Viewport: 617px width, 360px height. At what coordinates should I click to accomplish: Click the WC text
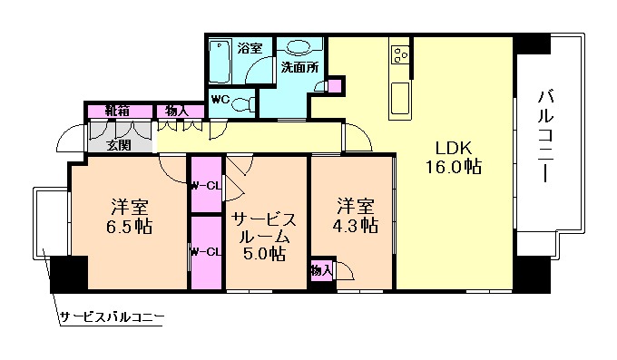(220, 99)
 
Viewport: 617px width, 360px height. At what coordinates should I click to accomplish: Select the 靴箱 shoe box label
(116, 111)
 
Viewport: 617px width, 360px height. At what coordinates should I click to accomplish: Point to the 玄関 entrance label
(116, 145)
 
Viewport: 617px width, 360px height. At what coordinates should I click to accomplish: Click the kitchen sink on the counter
(400, 93)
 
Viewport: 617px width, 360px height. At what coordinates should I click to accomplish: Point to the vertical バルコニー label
(546, 136)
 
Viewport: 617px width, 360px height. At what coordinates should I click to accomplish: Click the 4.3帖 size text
(354, 225)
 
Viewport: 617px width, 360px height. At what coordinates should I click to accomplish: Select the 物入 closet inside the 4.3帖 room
(320, 270)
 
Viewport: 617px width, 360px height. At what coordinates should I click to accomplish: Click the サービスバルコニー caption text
(112, 317)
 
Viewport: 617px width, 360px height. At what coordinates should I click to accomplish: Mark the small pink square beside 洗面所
(335, 86)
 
